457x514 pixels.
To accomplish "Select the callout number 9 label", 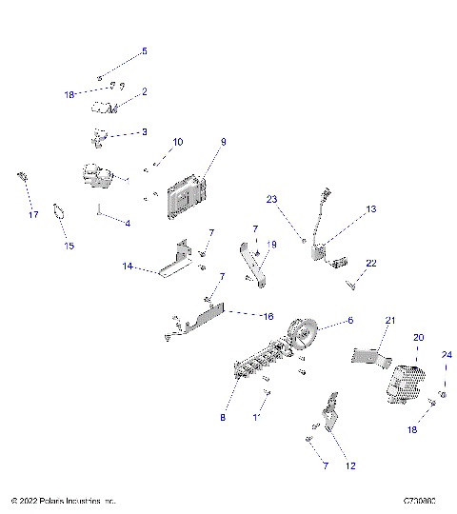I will point(223,142).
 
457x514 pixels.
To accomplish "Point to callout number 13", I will point(371,208).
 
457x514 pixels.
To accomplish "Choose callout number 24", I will point(446,356).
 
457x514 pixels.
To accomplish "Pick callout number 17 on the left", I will point(32,215).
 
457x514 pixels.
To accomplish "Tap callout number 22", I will point(372,263).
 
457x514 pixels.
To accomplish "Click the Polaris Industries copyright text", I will point(63,500).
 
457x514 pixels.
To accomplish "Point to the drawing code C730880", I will point(419,500).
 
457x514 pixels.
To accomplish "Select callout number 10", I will point(177,142).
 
